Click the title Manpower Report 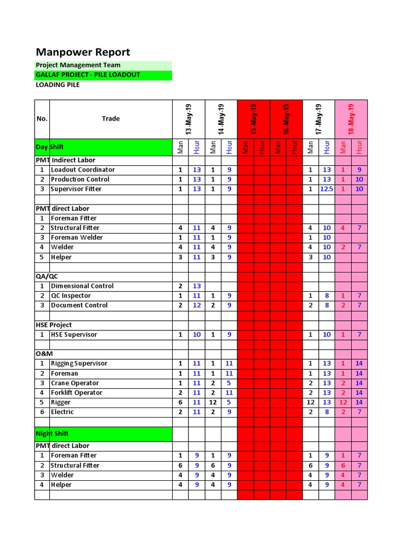(83, 52)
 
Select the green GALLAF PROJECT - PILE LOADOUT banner (88, 75)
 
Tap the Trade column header (110, 118)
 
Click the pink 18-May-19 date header (351, 119)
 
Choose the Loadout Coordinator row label (82, 170)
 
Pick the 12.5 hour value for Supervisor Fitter (327, 189)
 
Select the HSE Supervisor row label (74, 335)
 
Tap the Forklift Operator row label (76, 393)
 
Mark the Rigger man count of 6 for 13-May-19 (181, 403)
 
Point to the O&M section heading (44, 354)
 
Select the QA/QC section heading (47, 276)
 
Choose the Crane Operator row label (75, 383)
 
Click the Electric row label (62, 412)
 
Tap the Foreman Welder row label (76, 237)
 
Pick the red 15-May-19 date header (253, 119)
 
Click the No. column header (42, 118)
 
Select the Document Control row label (79, 305)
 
